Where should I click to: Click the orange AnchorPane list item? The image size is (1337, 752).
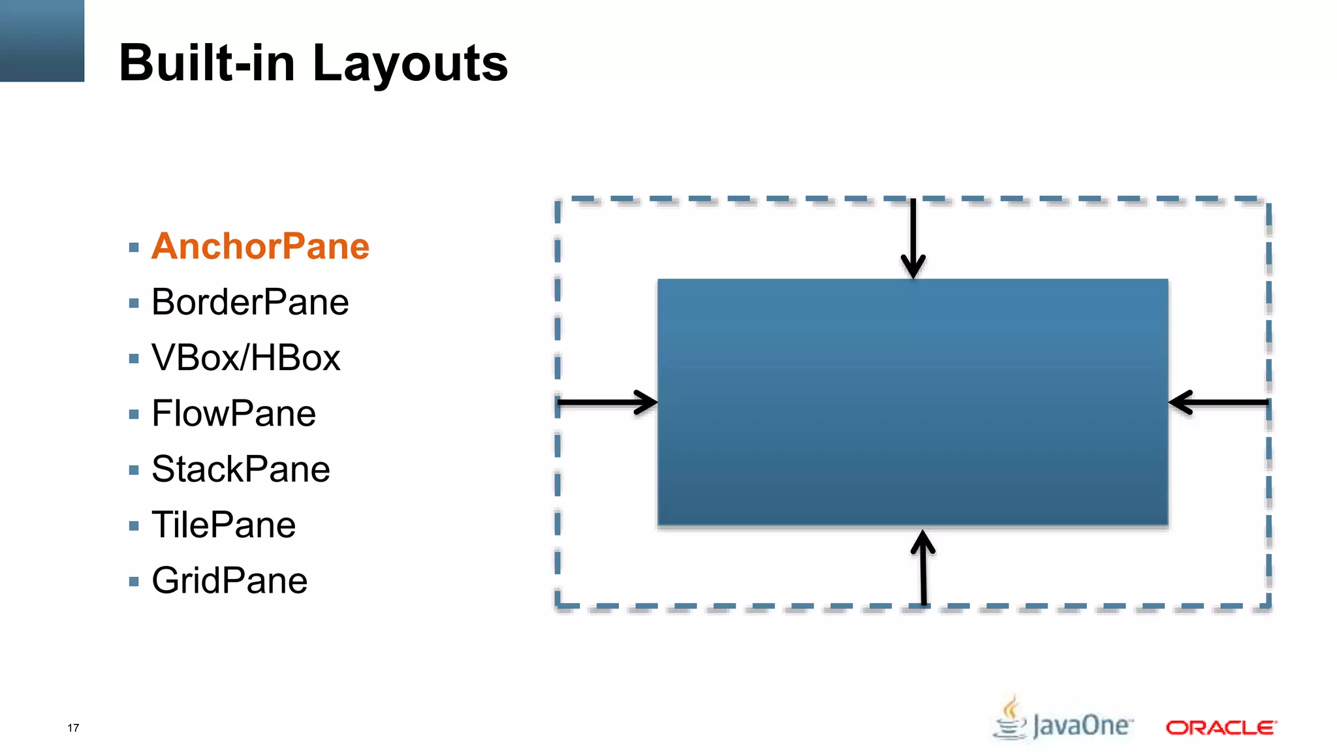pyautogui.click(x=260, y=247)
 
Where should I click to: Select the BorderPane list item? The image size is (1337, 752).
pyautogui.click(x=250, y=302)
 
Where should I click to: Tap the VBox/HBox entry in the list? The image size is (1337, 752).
pyautogui.click(x=245, y=358)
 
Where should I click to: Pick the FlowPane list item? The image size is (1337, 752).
pyautogui.click(x=234, y=414)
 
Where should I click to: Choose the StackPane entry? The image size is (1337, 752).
pyautogui.click(x=240, y=469)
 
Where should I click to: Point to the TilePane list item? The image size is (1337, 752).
pyautogui.click(x=223, y=525)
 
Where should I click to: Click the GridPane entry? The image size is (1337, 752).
pyautogui.click(x=229, y=580)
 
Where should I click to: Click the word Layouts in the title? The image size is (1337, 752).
pyautogui.click(x=410, y=63)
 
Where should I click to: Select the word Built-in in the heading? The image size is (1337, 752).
pyautogui.click(x=207, y=63)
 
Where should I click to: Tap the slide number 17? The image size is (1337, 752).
pyautogui.click(x=73, y=728)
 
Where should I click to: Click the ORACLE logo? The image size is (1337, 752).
pyautogui.click(x=1221, y=727)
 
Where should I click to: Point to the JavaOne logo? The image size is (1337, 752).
pyautogui.click(x=1063, y=721)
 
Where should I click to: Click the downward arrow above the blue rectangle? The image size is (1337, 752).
pyautogui.click(x=913, y=239)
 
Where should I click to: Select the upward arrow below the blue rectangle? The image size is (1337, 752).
pyautogui.click(x=923, y=567)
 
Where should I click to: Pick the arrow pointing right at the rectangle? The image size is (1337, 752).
pyautogui.click(x=608, y=402)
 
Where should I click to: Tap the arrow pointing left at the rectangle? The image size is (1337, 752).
pyautogui.click(x=1218, y=402)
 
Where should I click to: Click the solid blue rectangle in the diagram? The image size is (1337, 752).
pyautogui.click(x=913, y=401)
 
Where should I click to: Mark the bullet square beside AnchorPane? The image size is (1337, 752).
pyautogui.click(x=134, y=247)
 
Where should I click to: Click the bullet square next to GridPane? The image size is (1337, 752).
pyautogui.click(x=134, y=582)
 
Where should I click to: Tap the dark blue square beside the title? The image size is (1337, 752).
pyautogui.click(x=42, y=40)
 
